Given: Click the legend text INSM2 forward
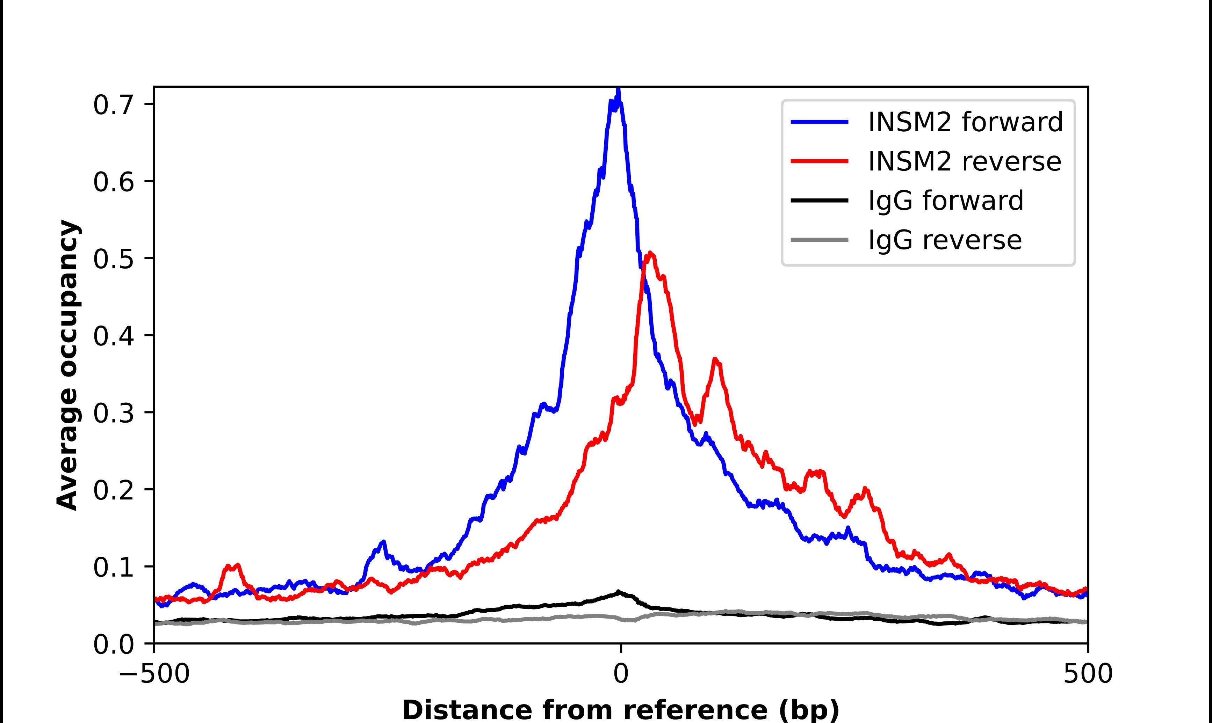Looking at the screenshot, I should tap(965, 122).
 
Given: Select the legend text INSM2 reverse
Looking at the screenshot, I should tap(965, 161).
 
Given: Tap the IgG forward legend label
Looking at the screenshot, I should tap(945, 201).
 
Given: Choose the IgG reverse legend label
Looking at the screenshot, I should tap(944, 240).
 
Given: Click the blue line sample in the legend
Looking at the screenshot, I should tap(820, 122).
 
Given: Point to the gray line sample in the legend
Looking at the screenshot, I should tap(820, 240).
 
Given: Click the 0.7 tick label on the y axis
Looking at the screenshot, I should tap(113, 105).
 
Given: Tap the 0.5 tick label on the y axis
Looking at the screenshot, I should tap(113, 259).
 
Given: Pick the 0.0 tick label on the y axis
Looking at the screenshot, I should tap(113, 644).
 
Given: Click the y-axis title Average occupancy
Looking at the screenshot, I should tap(67, 365).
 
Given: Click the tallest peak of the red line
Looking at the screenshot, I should tap(650, 253).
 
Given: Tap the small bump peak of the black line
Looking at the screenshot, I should tap(619, 592).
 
